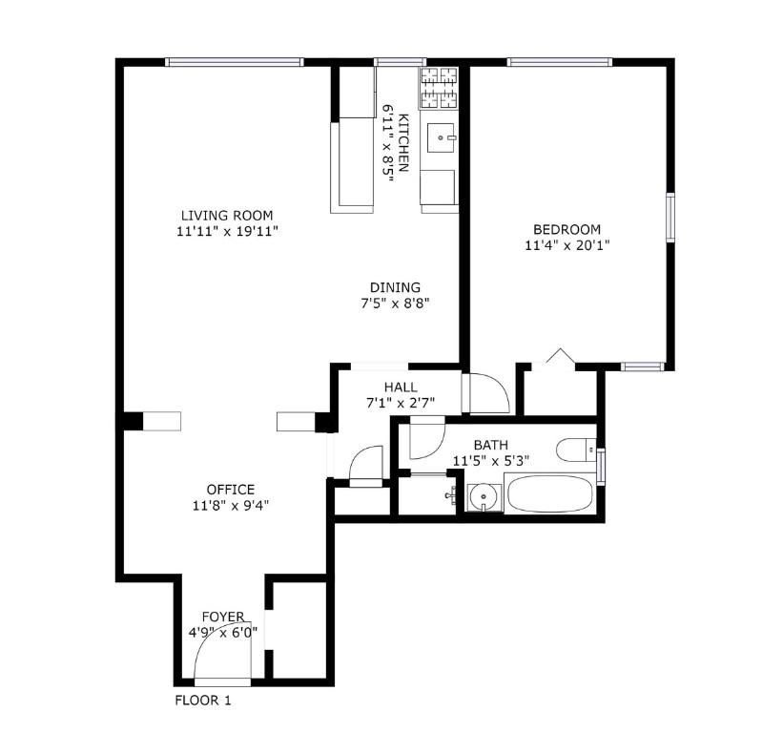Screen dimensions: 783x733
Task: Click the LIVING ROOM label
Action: coord(227,216)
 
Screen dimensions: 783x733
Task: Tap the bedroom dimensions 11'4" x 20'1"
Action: coord(567,245)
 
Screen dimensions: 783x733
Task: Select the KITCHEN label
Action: coord(403,143)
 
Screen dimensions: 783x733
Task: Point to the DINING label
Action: coord(395,287)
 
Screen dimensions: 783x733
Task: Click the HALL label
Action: coord(401,387)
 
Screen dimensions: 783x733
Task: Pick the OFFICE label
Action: coord(231,490)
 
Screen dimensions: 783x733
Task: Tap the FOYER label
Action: coord(223,617)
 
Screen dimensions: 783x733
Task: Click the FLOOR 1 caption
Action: coord(203,701)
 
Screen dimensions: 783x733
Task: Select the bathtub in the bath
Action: coord(550,493)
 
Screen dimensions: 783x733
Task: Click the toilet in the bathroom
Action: coord(576,450)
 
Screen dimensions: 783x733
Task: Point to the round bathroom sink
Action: coord(484,496)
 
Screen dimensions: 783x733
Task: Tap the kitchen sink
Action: coord(441,137)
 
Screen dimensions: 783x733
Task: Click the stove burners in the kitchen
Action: coord(440,88)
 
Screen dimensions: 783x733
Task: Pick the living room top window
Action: coord(235,62)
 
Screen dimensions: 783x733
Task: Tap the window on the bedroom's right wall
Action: coord(670,218)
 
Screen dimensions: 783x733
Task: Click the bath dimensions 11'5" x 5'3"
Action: coord(491,461)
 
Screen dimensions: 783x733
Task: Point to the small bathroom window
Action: coord(601,467)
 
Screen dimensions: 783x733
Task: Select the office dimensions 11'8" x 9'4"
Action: coord(231,506)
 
